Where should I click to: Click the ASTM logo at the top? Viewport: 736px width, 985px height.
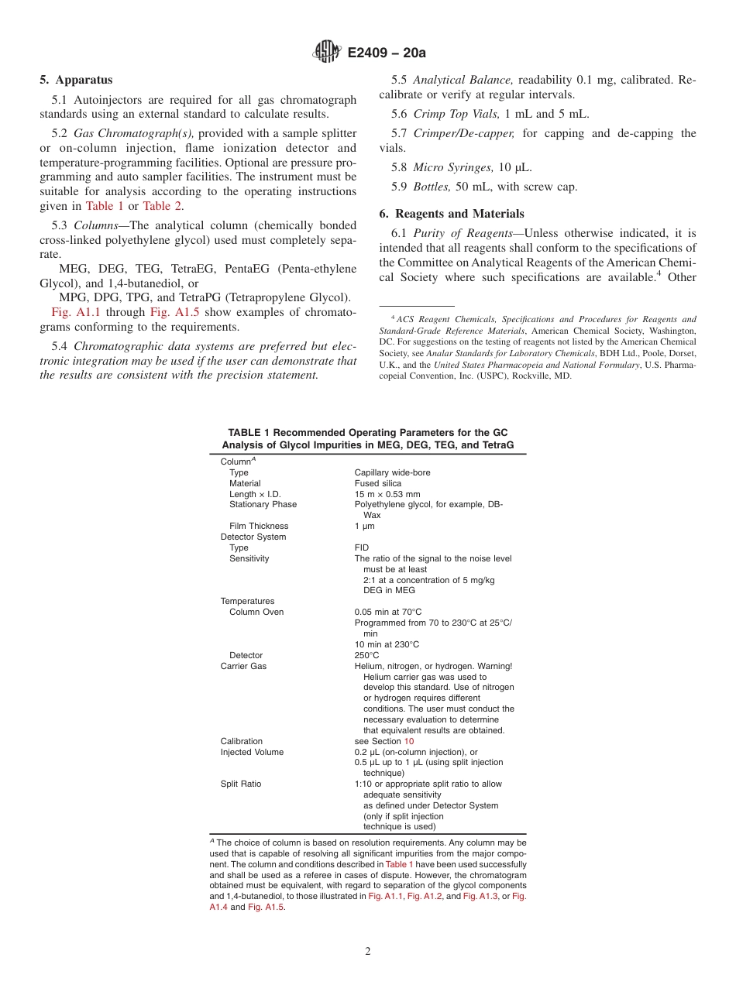326,53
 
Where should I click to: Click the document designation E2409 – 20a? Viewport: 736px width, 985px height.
387,53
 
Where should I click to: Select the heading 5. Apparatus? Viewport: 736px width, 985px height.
76,80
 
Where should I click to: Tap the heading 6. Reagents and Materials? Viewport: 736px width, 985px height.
452,214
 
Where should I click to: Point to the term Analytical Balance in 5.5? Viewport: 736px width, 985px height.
463,80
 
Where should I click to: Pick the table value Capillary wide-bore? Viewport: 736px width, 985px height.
392,472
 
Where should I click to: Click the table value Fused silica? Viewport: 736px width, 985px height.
378,483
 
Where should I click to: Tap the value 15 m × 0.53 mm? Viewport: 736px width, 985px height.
387,494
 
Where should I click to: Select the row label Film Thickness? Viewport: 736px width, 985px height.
259,526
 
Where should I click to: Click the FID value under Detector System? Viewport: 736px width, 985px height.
362,547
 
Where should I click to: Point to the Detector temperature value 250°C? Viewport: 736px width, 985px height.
366,655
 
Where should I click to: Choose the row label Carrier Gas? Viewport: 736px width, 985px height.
243,666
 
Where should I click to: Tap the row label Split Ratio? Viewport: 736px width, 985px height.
241,784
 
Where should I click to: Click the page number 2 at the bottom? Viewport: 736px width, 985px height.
368,952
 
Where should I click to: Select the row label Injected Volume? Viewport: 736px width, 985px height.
252,752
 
